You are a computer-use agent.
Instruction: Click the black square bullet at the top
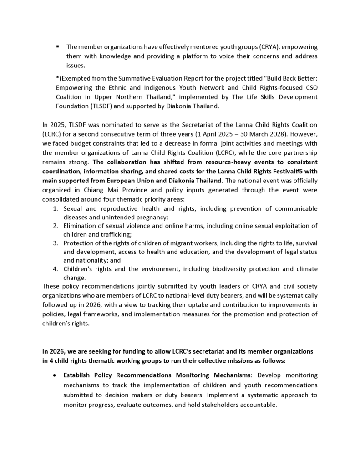click(58, 46)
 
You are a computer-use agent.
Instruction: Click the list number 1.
click(56, 209)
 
